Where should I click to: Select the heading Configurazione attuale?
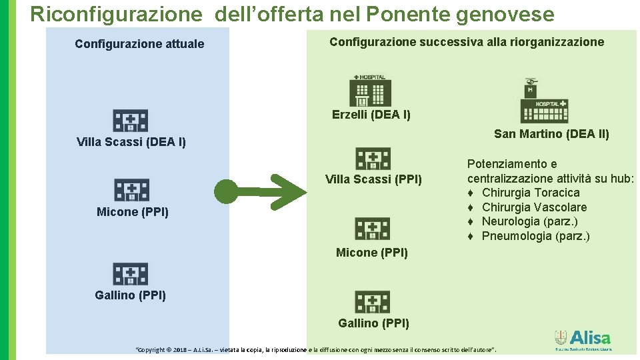pyautogui.click(x=139, y=44)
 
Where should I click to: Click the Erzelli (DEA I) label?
pyautogui.click(x=371, y=115)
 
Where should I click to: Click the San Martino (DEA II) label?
pyautogui.click(x=551, y=134)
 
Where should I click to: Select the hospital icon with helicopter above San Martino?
pyautogui.click(x=543, y=101)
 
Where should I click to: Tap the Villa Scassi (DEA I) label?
pyautogui.click(x=131, y=141)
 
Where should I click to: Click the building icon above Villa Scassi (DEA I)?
pyautogui.click(x=130, y=121)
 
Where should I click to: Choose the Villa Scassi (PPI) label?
pyautogui.click(x=373, y=179)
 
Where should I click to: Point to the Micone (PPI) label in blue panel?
pyautogui.click(x=133, y=212)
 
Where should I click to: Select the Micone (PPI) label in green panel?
pyautogui.click(x=372, y=253)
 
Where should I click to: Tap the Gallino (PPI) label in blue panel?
pyautogui.click(x=131, y=295)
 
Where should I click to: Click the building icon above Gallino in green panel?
pyautogui.click(x=372, y=302)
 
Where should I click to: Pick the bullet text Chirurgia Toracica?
pyautogui.click(x=531, y=193)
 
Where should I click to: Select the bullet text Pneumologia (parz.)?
pyautogui.click(x=535, y=236)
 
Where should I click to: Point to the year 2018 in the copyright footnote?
pyautogui.click(x=179, y=349)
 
